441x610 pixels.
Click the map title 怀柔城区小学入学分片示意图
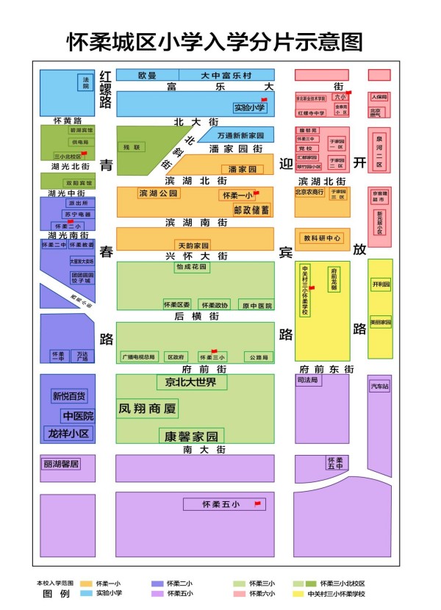pos(215,41)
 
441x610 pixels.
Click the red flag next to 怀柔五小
pos(257,503)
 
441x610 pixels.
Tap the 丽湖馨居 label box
pos(61,464)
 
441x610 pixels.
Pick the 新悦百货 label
pos(68,396)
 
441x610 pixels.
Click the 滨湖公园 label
pos(158,194)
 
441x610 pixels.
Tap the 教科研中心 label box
pos(322,237)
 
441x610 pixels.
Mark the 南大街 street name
pos(198,448)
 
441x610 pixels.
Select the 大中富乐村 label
pos(226,76)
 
